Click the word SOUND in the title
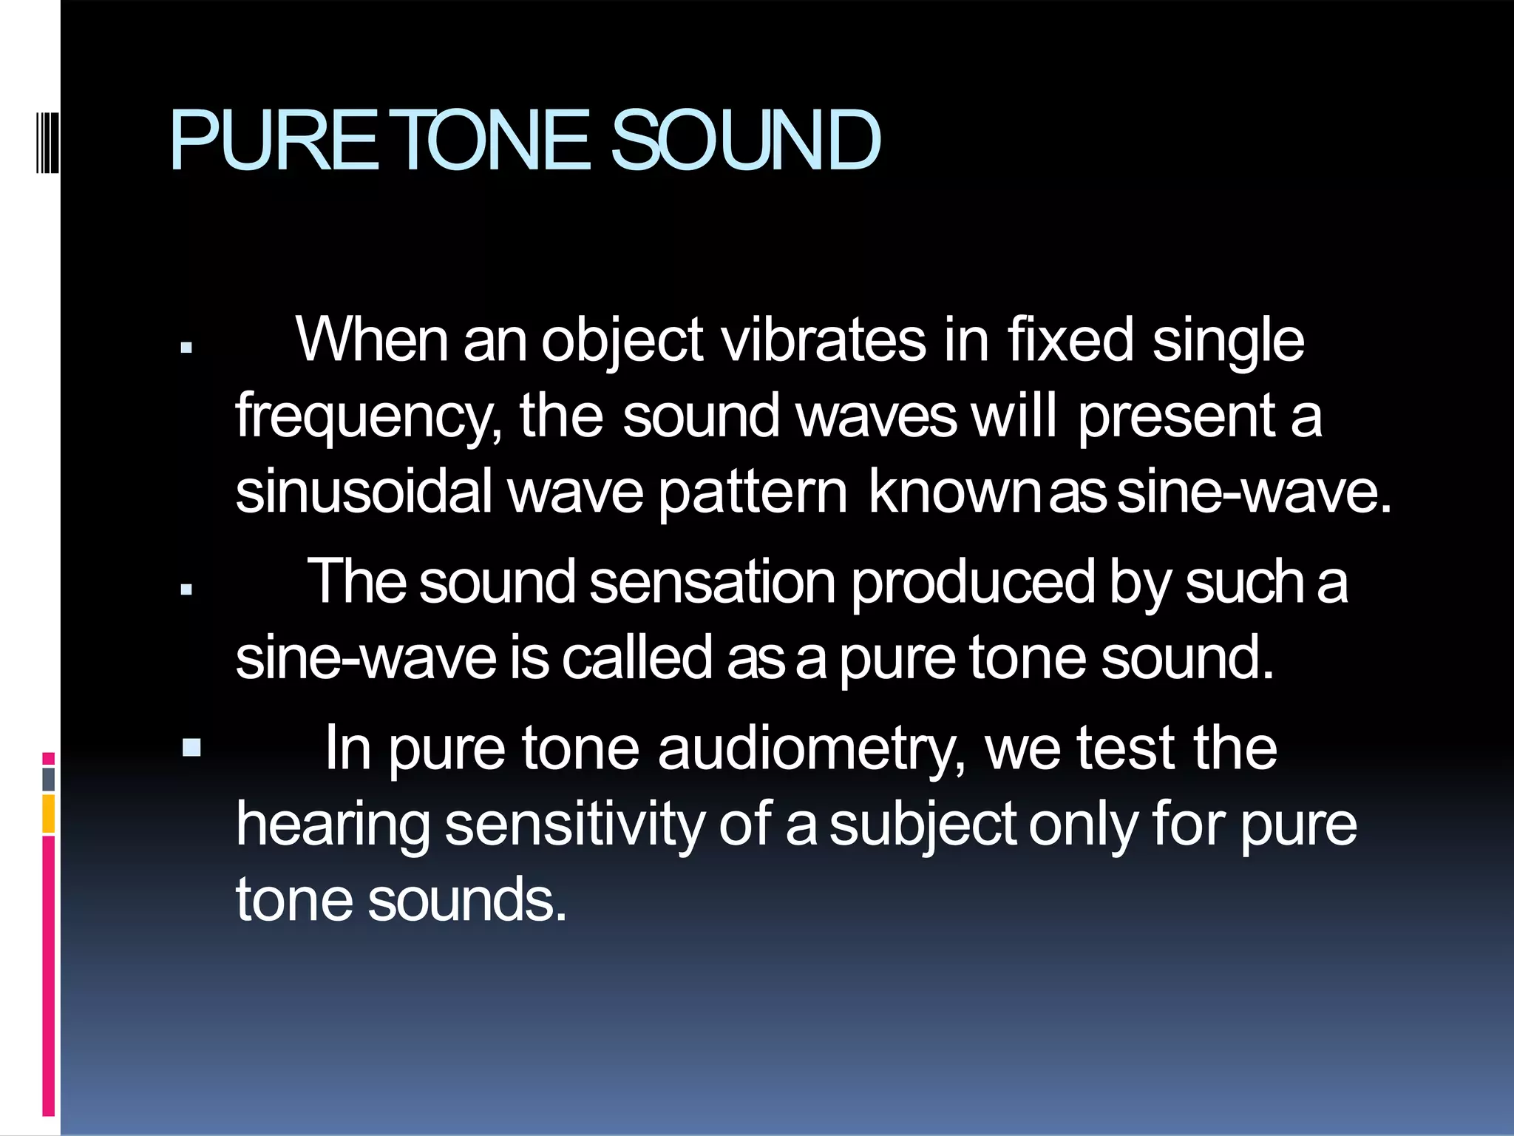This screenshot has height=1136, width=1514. (745, 141)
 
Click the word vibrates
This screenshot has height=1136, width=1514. (823, 340)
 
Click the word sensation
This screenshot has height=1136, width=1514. (713, 583)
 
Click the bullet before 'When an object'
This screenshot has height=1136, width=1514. (186, 347)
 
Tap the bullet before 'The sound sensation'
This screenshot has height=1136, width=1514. (186, 589)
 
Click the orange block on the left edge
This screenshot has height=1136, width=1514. (49, 814)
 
